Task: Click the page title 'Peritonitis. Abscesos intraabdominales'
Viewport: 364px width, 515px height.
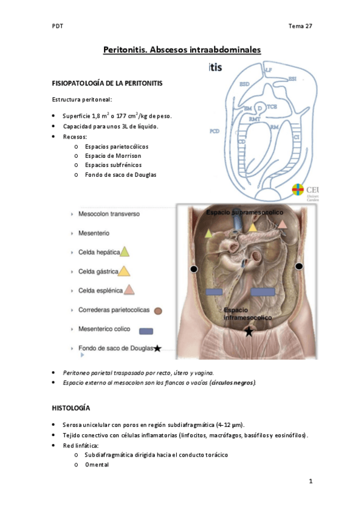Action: point(182,51)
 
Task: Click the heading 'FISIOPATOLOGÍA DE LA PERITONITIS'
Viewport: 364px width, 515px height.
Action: point(106,82)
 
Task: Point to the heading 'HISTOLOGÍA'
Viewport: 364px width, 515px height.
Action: point(71,408)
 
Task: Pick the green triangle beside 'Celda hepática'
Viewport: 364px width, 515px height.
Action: point(125,251)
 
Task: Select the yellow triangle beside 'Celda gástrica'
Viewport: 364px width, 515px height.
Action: point(124,271)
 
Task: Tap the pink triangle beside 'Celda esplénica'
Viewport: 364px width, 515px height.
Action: point(129,290)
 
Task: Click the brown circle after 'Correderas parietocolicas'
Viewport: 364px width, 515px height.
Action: point(158,311)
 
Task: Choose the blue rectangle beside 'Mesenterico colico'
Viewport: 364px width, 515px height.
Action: point(145,331)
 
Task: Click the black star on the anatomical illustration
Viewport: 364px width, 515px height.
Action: point(248,332)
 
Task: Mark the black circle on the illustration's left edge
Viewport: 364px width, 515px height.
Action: point(194,268)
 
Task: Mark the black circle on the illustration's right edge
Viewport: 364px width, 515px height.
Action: point(298,267)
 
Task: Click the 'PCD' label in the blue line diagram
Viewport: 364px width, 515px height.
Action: point(214,131)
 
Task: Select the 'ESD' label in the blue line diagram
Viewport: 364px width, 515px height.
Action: point(244,83)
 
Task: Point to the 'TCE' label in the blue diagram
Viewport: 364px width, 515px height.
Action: point(272,106)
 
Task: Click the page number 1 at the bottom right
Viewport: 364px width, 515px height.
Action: point(310,482)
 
